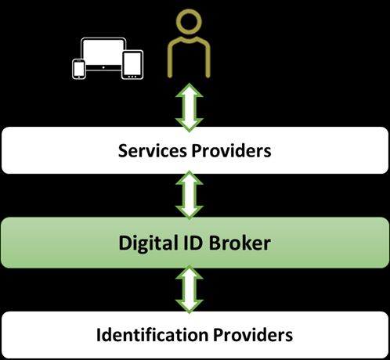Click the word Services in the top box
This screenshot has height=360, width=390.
152,151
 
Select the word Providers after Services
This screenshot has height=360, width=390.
231,151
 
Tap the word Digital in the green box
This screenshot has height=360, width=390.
146,244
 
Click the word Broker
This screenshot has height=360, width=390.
240,243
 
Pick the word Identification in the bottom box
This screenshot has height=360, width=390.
152,335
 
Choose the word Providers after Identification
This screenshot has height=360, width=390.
253,335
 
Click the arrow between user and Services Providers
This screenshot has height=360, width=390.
190,107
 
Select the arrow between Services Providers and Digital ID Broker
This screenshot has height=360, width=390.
190,195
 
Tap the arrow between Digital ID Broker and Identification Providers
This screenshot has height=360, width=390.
190,289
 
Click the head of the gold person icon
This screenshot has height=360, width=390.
189,22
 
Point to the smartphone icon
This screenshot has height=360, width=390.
78,69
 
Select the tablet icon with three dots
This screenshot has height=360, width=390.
132,65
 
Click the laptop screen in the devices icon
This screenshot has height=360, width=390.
103,53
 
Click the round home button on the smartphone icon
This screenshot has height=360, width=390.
78,77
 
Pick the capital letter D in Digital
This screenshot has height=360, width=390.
125,243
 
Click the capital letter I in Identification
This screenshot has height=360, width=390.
99,334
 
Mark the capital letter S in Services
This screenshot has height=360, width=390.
123,151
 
